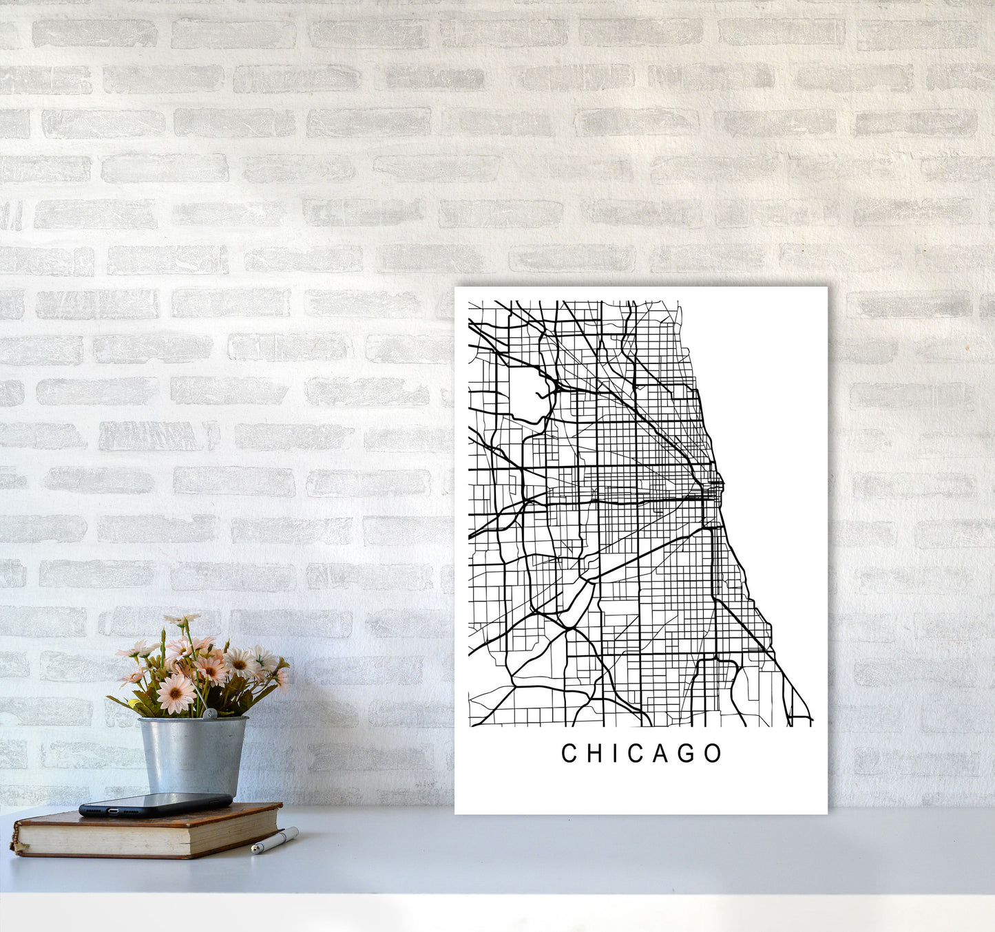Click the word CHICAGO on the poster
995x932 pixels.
[642, 753]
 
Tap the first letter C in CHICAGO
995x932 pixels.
[569, 754]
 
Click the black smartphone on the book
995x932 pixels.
[155, 804]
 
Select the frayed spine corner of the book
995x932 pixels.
[15, 843]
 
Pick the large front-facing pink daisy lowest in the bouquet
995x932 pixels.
[175, 692]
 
